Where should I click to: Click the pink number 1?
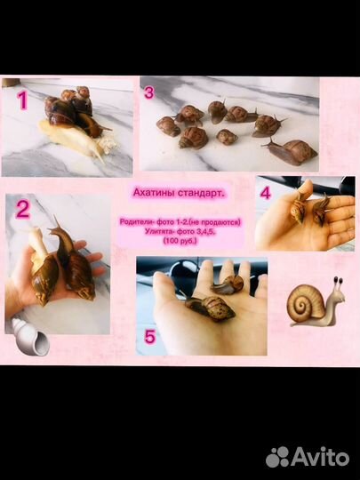pyautogui.click(x=22, y=100)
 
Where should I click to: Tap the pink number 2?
pyautogui.click(x=23, y=210)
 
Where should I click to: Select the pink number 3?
pyautogui.click(x=149, y=92)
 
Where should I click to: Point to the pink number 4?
pyautogui.click(x=266, y=193)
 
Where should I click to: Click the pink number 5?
pyautogui.click(x=150, y=337)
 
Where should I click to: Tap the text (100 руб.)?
pyautogui.click(x=180, y=241)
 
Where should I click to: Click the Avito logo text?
pyautogui.click(x=320, y=457)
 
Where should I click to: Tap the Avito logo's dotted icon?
pyautogui.click(x=277, y=457)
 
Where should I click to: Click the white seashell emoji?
pyautogui.click(x=30, y=337)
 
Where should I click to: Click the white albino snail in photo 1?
pyautogui.click(x=75, y=139)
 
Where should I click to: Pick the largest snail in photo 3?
pyautogui.click(x=291, y=151)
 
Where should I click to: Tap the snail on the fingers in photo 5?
pyautogui.click(x=228, y=285)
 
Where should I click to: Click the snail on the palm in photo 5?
pyautogui.click(x=210, y=308)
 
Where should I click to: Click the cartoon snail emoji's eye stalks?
pyautogui.click(x=338, y=284)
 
